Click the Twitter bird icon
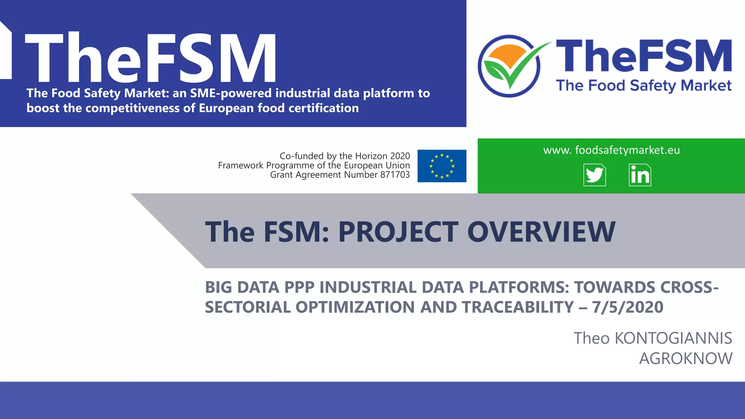click(594, 175)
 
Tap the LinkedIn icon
click(640, 175)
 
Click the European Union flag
click(442, 166)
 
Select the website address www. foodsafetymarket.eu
click(611, 150)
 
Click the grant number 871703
click(395, 175)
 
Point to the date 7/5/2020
click(628, 307)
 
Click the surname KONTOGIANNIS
click(673, 338)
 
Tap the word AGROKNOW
click(686, 359)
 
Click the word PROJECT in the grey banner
click(398, 232)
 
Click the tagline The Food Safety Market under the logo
click(644, 86)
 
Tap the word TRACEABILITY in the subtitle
click(518, 307)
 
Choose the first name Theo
click(591, 338)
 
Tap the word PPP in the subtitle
click(299, 287)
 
